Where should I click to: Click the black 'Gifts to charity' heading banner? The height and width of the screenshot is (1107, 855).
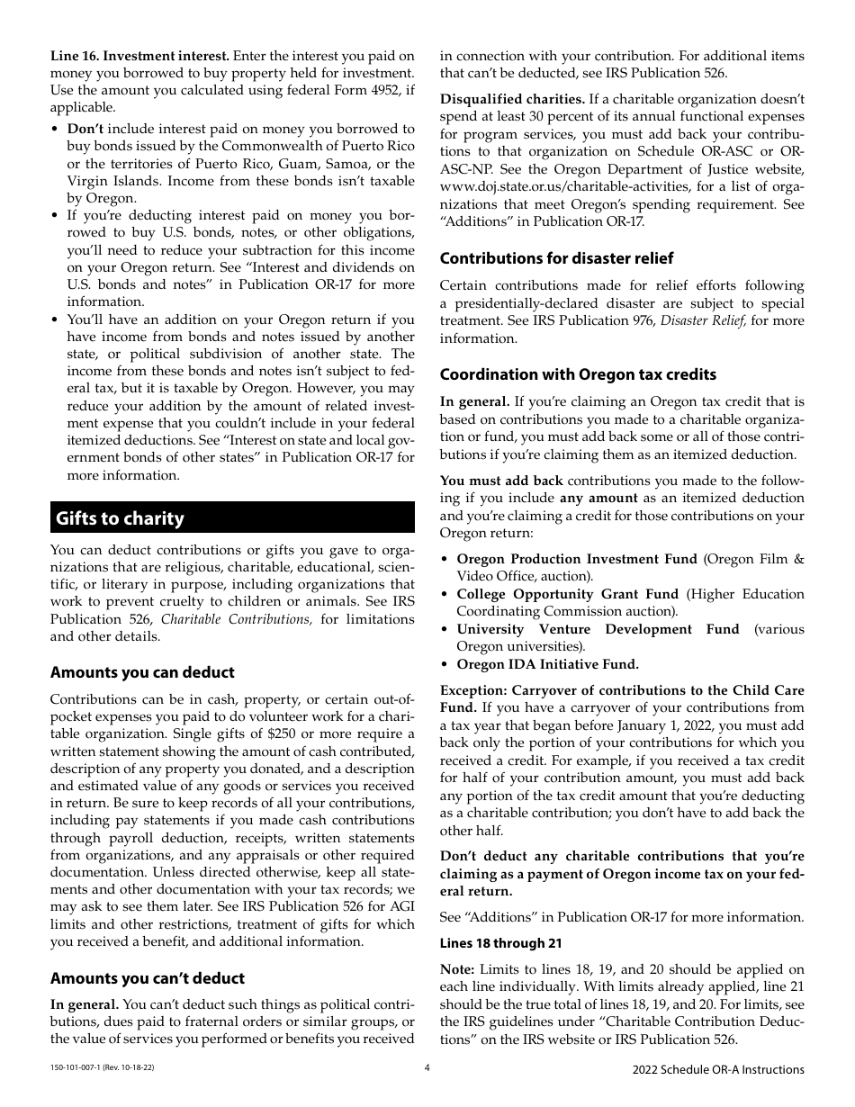[232, 517]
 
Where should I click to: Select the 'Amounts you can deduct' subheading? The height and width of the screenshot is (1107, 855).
[142, 672]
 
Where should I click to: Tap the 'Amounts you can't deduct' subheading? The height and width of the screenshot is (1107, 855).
[148, 978]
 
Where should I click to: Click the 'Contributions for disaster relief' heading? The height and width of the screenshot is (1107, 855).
[556, 258]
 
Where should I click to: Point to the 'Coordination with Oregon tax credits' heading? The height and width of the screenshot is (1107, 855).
[578, 374]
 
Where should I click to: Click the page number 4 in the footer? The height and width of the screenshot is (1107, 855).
[427, 1069]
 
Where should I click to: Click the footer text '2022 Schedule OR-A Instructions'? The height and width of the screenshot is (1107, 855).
[718, 1069]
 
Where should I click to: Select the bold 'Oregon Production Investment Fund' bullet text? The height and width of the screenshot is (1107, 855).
[577, 559]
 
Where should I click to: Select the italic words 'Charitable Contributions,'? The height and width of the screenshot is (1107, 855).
[237, 619]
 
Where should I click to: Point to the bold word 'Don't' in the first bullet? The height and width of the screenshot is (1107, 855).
[85, 129]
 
